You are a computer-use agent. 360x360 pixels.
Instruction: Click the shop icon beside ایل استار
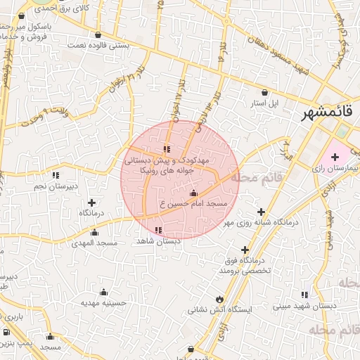click(264, 92)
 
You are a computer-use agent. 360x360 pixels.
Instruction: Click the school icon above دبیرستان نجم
click(55, 174)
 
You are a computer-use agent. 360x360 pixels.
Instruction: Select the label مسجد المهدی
click(94, 242)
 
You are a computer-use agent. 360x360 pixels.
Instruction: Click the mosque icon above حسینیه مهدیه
click(105, 291)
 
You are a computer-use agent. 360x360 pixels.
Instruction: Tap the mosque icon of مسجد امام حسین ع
click(194, 193)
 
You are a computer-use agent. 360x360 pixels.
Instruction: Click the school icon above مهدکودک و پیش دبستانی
click(167, 149)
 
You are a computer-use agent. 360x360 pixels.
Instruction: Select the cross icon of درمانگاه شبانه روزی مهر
click(261, 211)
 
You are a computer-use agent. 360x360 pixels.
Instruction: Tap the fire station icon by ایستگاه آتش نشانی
click(220, 298)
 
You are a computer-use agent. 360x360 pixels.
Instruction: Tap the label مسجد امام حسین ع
click(193, 203)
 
